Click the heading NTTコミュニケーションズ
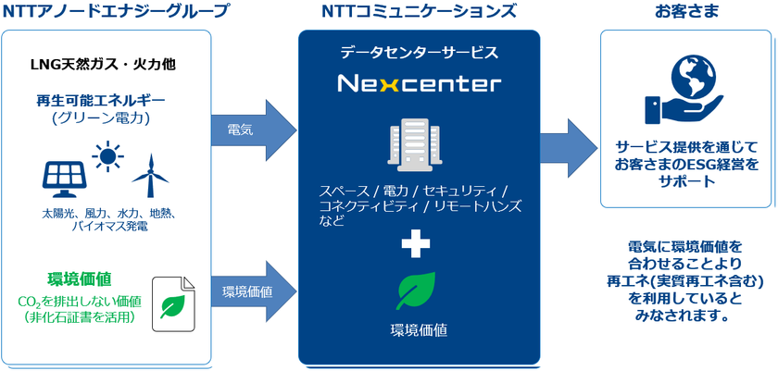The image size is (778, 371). coord(419,12)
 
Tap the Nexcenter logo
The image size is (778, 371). coord(419,84)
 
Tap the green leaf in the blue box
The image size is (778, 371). coord(419,291)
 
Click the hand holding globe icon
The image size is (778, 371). coord(685,91)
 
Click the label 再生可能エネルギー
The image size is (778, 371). coord(102,100)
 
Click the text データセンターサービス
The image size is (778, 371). coord(419,53)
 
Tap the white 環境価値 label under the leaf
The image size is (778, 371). coord(419,328)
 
